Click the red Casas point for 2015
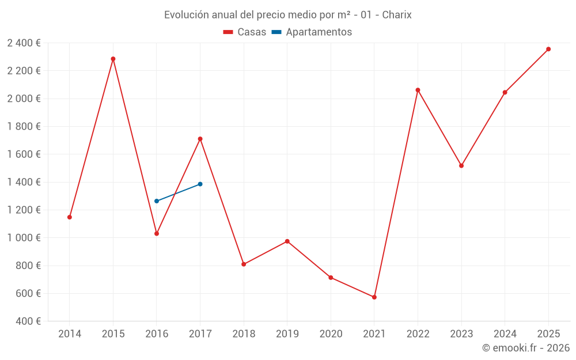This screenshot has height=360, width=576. point(113,59)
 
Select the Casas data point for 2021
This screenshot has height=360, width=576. point(374,297)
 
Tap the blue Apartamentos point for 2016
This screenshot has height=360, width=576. point(157,201)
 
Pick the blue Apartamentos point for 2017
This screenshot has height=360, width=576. point(200,184)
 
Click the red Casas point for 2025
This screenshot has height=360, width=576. point(548,49)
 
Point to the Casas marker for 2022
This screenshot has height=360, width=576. point(418,90)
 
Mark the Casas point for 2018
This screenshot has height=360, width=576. point(244,264)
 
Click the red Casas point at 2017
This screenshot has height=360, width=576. point(200,139)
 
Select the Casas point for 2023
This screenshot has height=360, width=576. point(461,166)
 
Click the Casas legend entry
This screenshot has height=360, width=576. point(245,32)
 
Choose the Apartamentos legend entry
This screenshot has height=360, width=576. point(312,32)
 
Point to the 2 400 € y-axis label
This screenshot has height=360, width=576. point(24,43)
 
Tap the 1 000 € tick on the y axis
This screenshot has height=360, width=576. point(24,238)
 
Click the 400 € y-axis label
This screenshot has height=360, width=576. point(28,321)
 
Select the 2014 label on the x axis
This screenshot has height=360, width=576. point(70,334)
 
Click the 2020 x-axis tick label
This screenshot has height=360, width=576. point(331,334)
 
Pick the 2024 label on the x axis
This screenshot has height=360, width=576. point(505,334)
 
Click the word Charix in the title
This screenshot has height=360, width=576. point(397,15)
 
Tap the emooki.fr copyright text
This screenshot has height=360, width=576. point(526,348)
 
